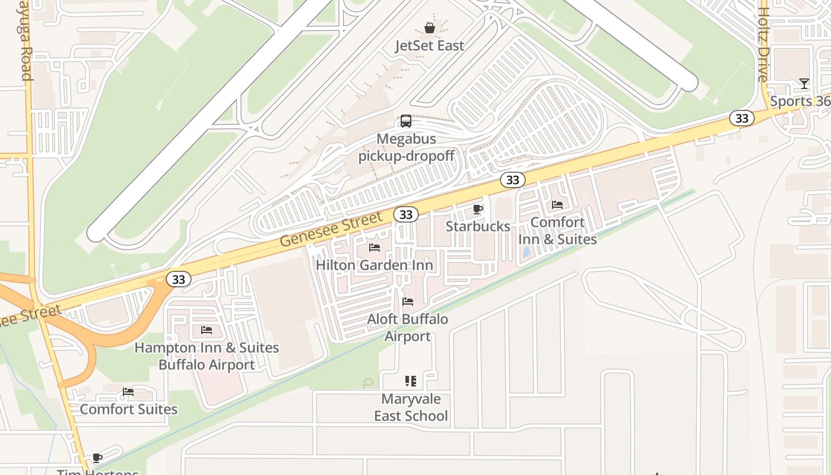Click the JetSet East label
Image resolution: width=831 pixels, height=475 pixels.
[x=429, y=46]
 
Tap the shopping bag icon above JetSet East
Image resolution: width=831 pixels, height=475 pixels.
[x=429, y=28]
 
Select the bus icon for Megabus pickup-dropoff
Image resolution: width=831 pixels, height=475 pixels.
[x=406, y=121]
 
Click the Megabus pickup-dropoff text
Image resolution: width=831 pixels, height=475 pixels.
[x=407, y=147]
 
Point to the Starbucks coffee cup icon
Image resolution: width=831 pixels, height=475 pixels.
[x=477, y=209]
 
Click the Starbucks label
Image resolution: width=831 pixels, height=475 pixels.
[x=477, y=226]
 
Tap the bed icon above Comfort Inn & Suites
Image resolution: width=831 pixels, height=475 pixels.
[x=557, y=205]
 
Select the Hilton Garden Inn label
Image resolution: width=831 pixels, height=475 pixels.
[x=374, y=265]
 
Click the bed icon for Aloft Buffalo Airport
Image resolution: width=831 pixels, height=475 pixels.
[x=407, y=302]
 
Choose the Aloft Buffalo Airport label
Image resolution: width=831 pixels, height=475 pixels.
[x=407, y=328]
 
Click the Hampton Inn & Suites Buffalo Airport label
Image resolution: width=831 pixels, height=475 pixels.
[x=207, y=356]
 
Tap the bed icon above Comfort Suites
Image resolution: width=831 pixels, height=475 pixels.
[x=128, y=392]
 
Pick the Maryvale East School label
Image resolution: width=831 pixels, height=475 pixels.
[x=411, y=407]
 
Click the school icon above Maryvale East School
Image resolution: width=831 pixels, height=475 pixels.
[x=411, y=381]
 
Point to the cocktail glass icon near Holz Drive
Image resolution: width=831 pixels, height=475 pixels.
[x=804, y=84]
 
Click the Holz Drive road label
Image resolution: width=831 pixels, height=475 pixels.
[x=763, y=45]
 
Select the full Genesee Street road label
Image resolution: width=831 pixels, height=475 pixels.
[x=331, y=230]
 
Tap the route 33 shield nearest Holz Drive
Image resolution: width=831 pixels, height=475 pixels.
[x=741, y=118]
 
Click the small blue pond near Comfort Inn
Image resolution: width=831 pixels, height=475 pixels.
[x=526, y=252]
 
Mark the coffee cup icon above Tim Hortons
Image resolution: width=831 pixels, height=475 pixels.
[x=97, y=458]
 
